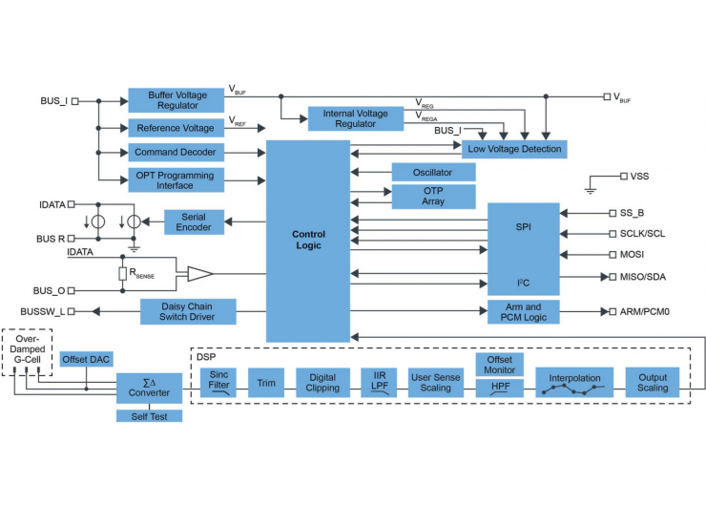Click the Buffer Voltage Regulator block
[176, 100]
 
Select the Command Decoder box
[176, 153]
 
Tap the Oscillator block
[434, 172]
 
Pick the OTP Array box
[434, 196]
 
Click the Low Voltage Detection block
[514, 149]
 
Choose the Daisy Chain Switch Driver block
[188, 311]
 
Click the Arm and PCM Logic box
[524, 311]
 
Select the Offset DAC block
[85, 360]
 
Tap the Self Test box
[149, 416]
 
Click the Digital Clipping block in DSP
[322, 383]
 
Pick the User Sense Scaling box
[436, 383]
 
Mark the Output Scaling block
[654, 383]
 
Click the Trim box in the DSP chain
[266, 383]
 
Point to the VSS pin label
[639, 176]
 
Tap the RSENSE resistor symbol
[122, 274]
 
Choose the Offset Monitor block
[499, 365]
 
